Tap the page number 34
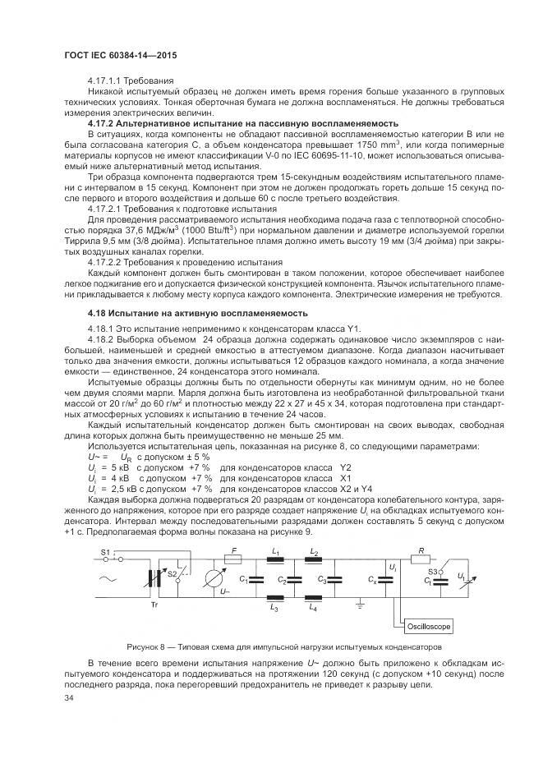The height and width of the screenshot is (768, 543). click(69, 698)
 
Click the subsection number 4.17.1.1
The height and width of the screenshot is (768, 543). click(108, 79)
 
